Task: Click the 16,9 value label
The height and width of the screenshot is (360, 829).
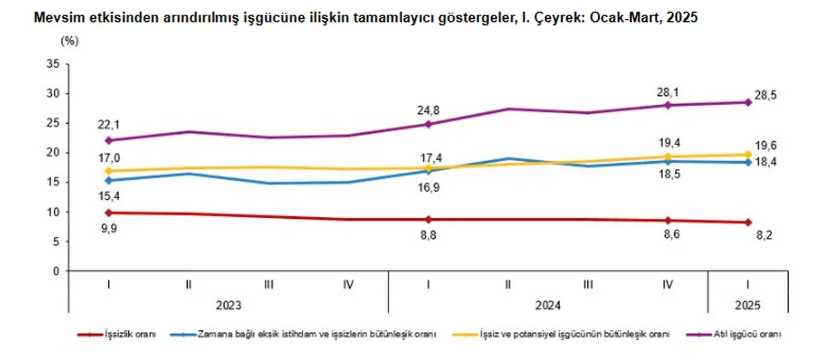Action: (429, 187)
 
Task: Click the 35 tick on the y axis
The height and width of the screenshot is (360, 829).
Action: (54, 63)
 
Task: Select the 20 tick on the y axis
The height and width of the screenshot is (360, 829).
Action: (54, 152)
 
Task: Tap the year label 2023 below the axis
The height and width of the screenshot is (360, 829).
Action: (228, 305)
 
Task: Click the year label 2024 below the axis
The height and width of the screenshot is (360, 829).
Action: (548, 305)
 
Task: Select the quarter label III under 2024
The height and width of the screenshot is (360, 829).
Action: (588, 284)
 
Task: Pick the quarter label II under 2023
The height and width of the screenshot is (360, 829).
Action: (188, 284)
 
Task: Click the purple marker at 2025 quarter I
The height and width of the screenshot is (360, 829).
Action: (748, 102)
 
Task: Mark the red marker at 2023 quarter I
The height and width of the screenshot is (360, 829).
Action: (109, 212)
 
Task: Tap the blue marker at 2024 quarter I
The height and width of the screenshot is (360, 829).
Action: (429, 171)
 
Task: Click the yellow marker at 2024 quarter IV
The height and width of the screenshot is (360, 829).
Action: (668, 156)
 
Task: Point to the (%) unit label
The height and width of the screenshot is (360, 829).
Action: (69, 40)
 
